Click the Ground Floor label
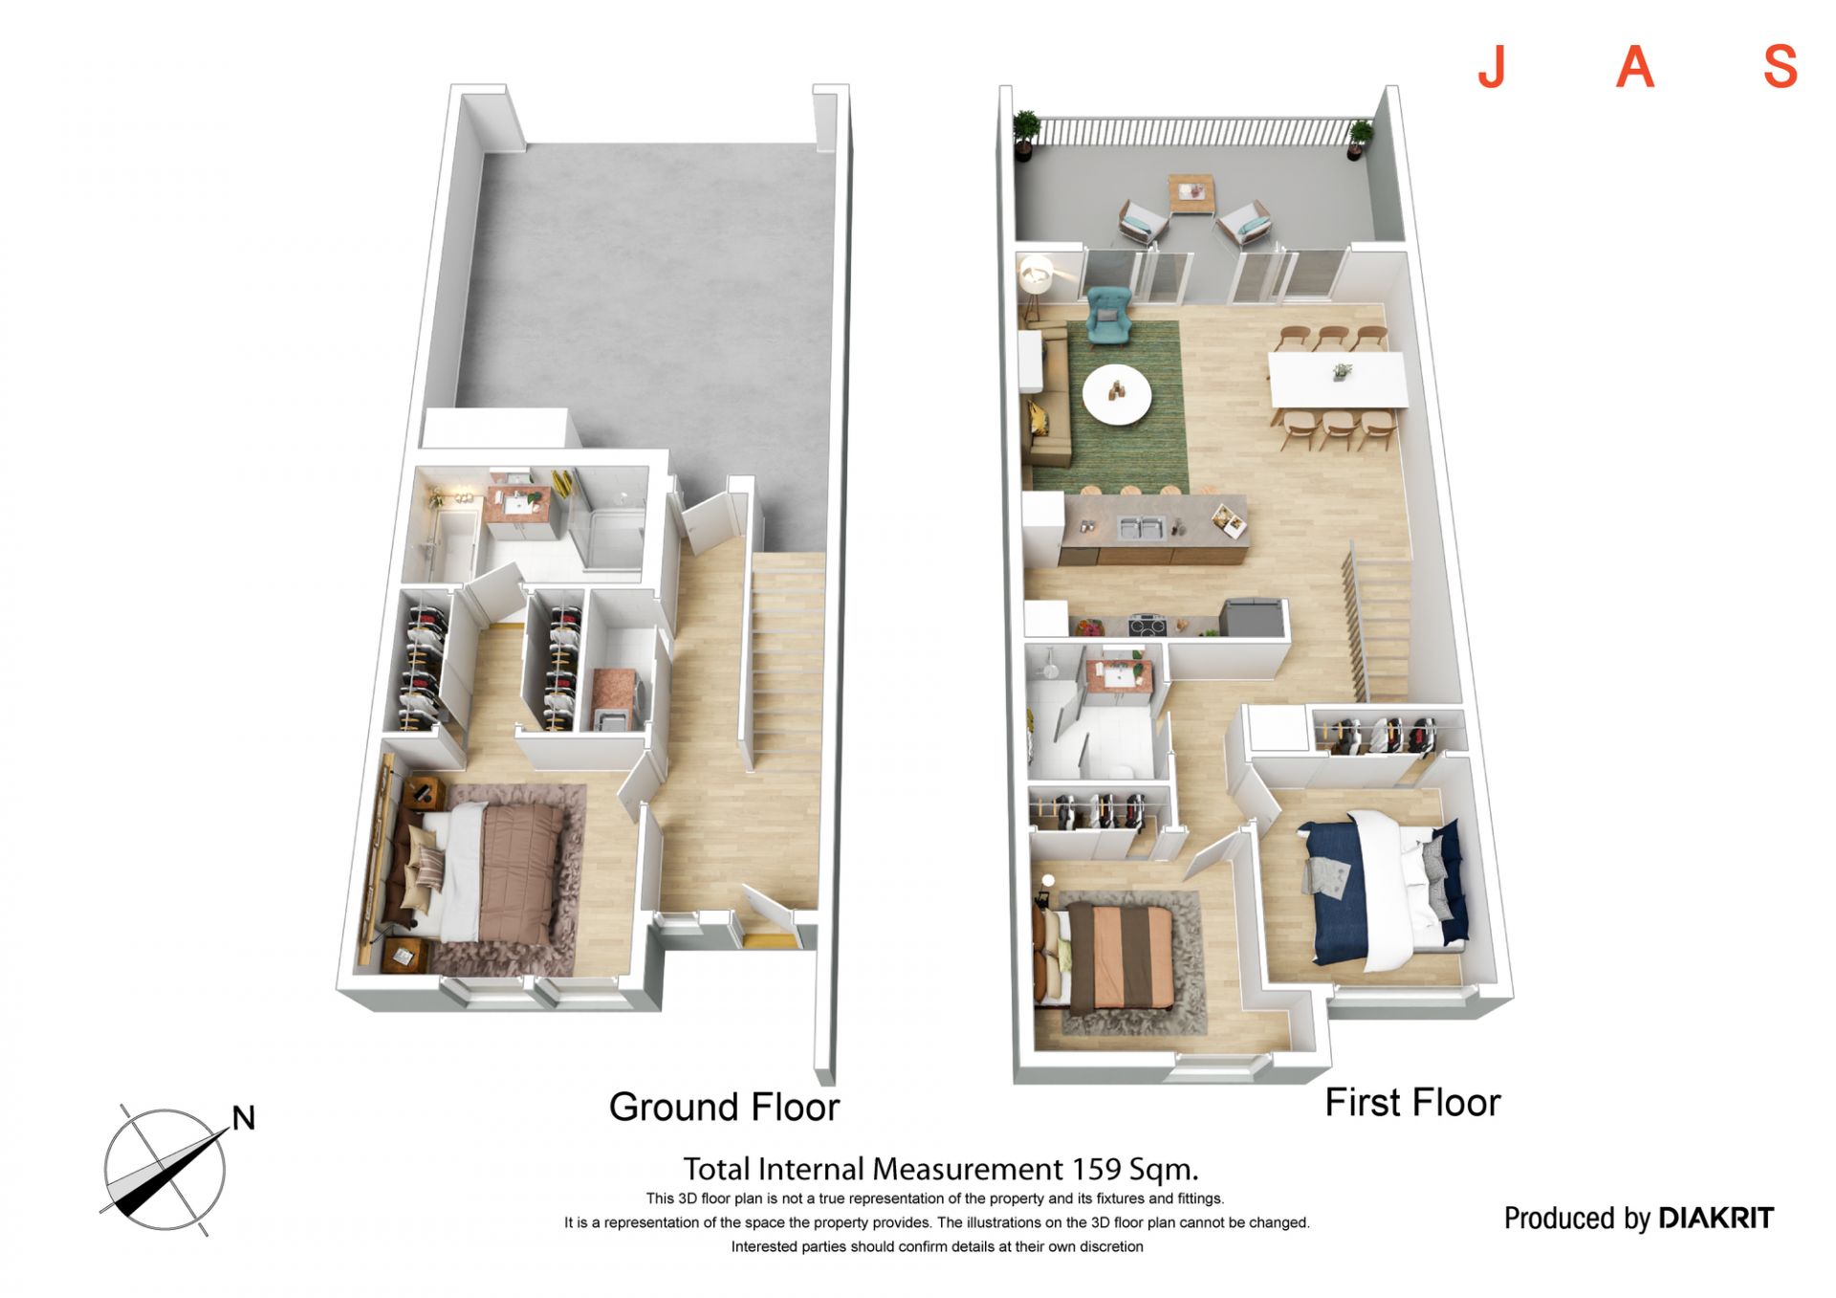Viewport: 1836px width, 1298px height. pyautogui.click(x=724, y=1108)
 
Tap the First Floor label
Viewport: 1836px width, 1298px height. pyautogui.click(x=1412, y=1103)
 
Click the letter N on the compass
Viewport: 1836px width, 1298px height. pyautogui.click(x=244, y=1117)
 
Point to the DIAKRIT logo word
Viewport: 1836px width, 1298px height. pyautogui.click(x=1716, y=1218)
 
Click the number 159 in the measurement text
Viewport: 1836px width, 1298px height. pyautogui.click(x=1097, y=1169)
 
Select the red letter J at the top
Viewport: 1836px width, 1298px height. pyautogui.click(x=1492, y=66)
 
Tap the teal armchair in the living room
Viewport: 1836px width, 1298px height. pyautogui.click(x=1109, y=314)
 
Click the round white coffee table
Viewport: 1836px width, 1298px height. pyautogui.click(x=1117, y=393)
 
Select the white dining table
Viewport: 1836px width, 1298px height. pyautogui.click(x=1338, y=379)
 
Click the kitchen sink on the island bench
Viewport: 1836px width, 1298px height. pyautogui.click(x=1141, y=527)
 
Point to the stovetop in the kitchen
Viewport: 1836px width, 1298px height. pyautogui.click(x=1147, y=627)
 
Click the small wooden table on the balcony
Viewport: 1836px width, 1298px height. pyautogui.click(x=1191, y=193)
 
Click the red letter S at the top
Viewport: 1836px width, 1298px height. pyautogui.click(x=1781, y=66)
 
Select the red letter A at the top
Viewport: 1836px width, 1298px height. pyautogui.click(x=1635, y=66)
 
